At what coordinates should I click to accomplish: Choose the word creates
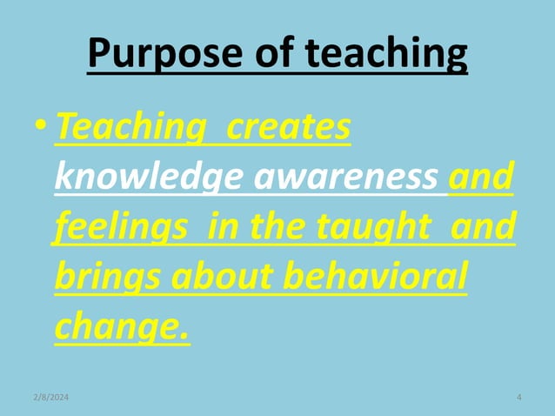pos(289,128)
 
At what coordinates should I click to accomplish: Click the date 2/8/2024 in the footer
pos(51,398)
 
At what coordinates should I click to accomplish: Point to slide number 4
pos(518,398)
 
